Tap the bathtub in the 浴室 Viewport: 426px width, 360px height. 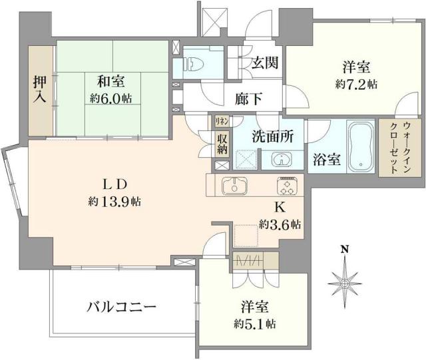pos(362,144)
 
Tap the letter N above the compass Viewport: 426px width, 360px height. pos(345,250)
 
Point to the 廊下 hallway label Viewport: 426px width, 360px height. pos(248,98)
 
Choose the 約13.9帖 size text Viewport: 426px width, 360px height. pos(111,201)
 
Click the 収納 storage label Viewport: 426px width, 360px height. pos(222,144)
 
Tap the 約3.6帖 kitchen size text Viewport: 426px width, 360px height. pos(280,224)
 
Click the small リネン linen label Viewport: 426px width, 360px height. pos(222,120)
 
